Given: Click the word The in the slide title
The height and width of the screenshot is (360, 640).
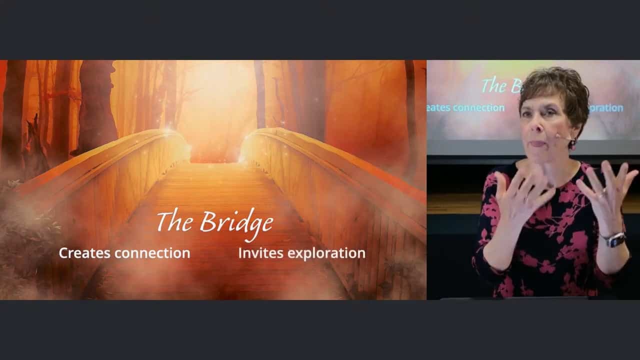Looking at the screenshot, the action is point(174,221).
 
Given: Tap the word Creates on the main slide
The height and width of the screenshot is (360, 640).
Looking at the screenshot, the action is point(84,253).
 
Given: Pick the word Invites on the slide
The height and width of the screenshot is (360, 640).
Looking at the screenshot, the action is point(261,253).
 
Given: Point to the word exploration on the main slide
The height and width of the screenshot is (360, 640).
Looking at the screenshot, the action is point(326,253).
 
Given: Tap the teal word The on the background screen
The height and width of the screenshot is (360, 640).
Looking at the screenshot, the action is point(495,85).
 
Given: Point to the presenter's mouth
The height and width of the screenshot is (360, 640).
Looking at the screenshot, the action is point(538,143).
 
